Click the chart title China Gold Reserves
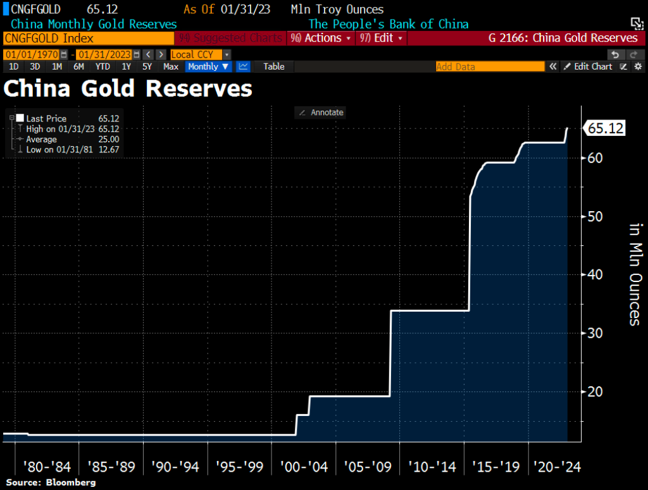[128, 89]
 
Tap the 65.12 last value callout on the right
[606, 128]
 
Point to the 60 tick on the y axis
[595, 158]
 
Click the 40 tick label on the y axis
[595, 274]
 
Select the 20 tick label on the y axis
[595, 391]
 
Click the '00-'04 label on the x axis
[304, 467]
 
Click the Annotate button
[321, 113]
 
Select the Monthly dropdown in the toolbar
[208, 66]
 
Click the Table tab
[273, 66]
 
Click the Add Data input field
[490, 66]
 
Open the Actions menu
[322, 38]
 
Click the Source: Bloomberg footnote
[51, 482]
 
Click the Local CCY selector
[200, 54]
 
